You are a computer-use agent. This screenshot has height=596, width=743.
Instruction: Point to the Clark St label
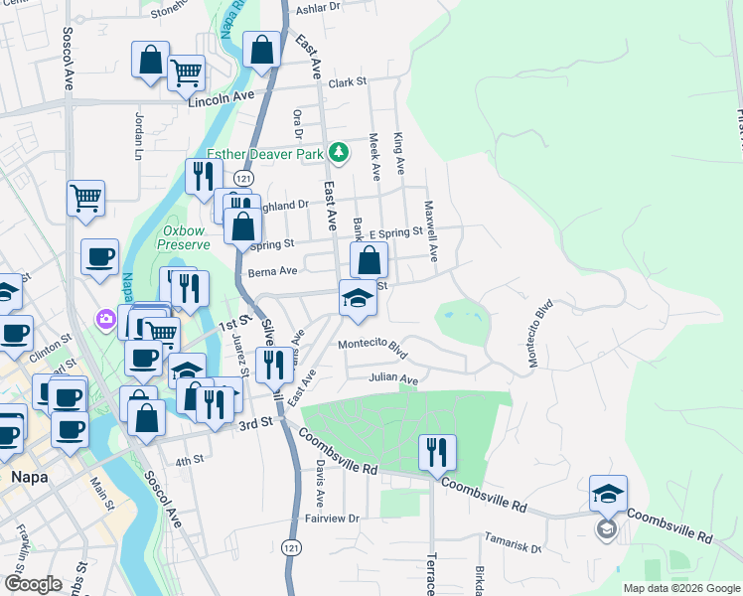point(348,82)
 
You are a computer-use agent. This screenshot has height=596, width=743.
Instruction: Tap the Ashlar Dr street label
point(319,7)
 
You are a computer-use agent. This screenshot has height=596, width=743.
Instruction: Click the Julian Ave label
point(393,377)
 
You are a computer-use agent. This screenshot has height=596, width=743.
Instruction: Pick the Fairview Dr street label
point(331,519)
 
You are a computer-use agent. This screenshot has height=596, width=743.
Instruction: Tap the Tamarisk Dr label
point(513,542)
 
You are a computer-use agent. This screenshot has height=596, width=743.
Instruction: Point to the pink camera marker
point(105,319)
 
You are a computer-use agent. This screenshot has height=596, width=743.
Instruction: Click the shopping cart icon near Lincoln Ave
point(186,72)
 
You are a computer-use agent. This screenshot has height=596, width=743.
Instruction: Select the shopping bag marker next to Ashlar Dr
point(261,51)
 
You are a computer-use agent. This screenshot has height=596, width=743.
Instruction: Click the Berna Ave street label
point(274,271)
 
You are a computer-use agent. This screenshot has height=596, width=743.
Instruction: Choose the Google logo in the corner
point(33,584)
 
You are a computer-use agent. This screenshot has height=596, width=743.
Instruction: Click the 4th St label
point(189,460)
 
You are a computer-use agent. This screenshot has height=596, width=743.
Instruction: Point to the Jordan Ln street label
point(139,135)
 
